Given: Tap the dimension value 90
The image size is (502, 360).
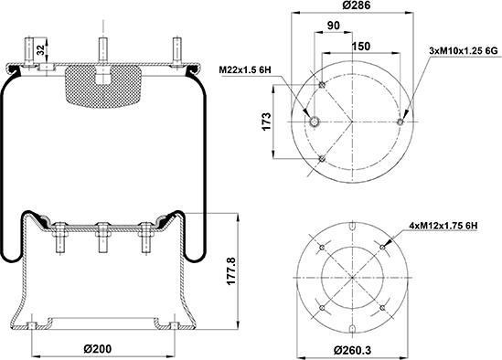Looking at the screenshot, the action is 334,26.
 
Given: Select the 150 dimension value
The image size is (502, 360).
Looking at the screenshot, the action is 361,47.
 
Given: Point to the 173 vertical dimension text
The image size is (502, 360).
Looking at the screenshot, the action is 266,122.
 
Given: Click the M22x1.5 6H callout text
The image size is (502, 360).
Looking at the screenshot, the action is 245,69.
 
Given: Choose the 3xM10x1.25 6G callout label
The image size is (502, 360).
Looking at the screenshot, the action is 464,50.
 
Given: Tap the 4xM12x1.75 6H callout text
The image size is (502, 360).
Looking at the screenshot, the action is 443,226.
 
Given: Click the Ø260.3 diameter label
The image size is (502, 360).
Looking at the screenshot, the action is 352,350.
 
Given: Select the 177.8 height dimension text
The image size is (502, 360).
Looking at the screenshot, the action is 231,270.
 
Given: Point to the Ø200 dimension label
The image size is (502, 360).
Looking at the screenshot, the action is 98,348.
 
